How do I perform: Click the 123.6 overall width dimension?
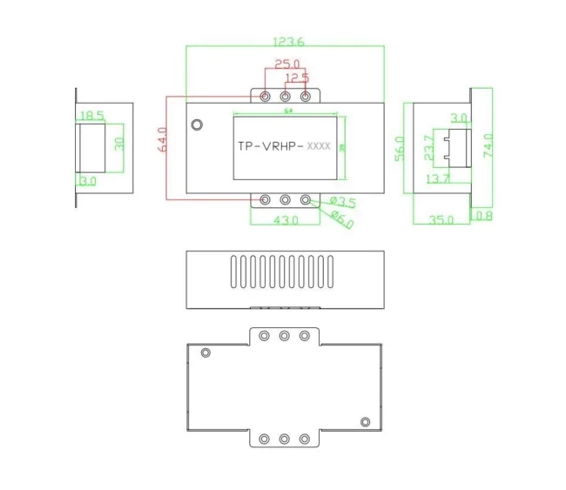tap(288, 41)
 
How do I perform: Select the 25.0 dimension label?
tap(286, 64)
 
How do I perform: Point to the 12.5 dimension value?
tap(298, 77)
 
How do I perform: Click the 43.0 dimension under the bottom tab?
tap(286, 221)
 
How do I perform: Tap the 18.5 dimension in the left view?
tap(91, 115)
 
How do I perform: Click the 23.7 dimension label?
tap(428, 149)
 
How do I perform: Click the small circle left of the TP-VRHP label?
tap(198, 124)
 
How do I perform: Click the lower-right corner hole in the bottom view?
tap(366, 423)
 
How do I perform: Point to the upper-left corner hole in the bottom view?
tap(206, 352)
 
